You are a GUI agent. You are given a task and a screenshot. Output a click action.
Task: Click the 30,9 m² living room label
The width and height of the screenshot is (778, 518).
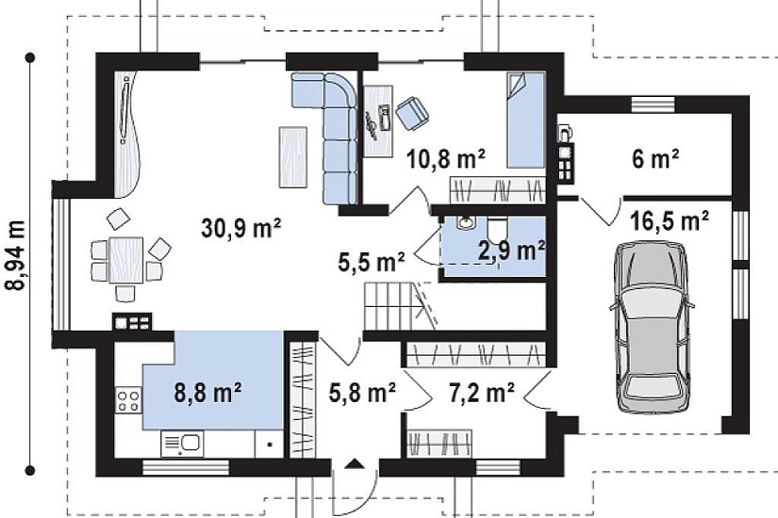241,229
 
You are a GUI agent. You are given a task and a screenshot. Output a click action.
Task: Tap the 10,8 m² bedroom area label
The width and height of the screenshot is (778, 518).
445,159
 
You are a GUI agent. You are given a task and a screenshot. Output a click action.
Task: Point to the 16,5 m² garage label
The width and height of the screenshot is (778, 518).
669,220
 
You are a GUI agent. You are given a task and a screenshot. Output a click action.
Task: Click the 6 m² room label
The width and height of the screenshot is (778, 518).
655,158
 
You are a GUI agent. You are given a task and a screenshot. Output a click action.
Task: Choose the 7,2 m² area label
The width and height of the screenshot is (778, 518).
481,393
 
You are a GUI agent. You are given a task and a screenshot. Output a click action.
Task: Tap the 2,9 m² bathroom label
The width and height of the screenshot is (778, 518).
511,251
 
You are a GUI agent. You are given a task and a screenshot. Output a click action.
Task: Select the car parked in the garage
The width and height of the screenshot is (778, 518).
651,327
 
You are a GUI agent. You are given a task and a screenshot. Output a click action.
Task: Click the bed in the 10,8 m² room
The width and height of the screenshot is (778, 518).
525,120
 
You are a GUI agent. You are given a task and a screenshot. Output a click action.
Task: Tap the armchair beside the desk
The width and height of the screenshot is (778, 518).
412,113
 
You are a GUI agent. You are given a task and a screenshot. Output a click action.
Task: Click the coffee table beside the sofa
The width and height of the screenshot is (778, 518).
292,157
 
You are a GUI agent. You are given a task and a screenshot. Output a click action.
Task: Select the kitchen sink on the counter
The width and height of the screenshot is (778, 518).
182,444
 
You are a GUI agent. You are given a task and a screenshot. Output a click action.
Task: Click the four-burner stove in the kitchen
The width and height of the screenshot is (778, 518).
128,400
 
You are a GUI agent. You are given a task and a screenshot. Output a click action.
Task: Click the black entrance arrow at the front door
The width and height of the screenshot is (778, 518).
355,463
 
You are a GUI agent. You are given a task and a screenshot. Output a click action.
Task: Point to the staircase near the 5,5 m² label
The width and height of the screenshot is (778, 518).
400,306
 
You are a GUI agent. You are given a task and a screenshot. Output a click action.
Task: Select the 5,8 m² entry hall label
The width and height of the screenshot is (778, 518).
362,392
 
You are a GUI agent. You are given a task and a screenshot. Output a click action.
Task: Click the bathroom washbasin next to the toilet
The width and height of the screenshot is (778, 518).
466,223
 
